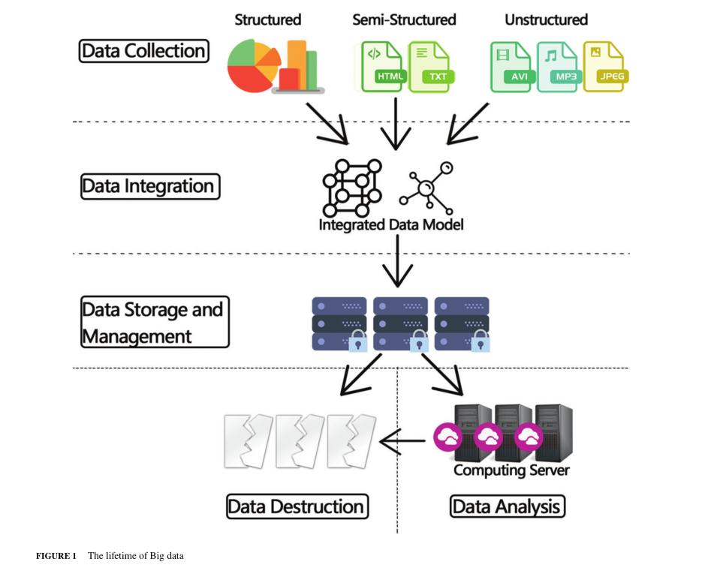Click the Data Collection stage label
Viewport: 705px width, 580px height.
pyautogui.click(x=143, y=51)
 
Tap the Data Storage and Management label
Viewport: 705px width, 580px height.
pyautogui.click(x=155, y=322)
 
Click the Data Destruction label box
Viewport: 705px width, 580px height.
pyautogui.click(x=297, y=506)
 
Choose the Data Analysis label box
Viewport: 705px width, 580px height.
pyautogui.click(x=507, y=506)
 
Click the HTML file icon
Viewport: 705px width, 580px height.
pyautogui.click(x=383, y=67)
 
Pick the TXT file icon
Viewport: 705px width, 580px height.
pyautogui.click(x=430, y=67)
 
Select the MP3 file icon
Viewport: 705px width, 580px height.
pyautogui.click(x=557, y=67)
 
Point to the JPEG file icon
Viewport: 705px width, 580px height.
pyautogui.click(x=604, y=67)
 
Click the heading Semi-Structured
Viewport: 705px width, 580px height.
pyautogui.click(x=404, y=20)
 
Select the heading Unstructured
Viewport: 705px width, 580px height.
pyautogui.click(x=546, y=20)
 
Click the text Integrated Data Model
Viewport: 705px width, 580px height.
pyautogui.click(x=391, y=224)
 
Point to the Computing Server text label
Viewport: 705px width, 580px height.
pyautogui.click(x=511, y=470)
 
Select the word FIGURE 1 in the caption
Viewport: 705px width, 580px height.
pyautogui.click(x=57, y=556)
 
